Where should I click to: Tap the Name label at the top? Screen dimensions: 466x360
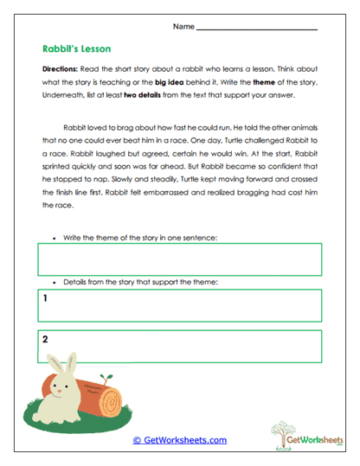point(183,27)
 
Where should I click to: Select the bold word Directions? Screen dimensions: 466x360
point(61,67)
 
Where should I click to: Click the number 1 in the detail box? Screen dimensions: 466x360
point(44,298)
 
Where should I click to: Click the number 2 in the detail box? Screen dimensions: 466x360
point(44,339)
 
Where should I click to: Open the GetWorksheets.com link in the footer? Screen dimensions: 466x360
point(179,440)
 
